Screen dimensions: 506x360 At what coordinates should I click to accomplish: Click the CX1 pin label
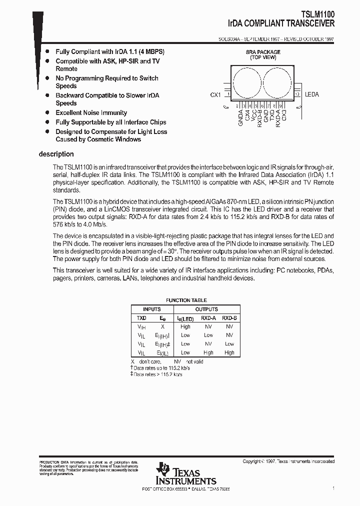click(x=215, y=94)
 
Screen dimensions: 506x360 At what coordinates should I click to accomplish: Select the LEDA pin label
click(x=311, y=94)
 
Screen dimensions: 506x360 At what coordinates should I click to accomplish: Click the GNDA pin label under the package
click(x=240, y=119)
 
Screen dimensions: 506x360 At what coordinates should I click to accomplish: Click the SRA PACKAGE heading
click(x=263, y=52)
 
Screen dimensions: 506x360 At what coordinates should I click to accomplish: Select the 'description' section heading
click(x=56, y=154)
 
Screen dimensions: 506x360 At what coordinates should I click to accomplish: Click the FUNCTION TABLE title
click(x=185, y=300)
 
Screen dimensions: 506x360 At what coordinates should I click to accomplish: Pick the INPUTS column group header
click(x=152, y=309)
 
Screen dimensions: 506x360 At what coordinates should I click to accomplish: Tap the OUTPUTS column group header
click(x=206, y=309)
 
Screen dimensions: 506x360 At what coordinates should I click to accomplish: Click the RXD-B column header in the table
click(x=229, y=318)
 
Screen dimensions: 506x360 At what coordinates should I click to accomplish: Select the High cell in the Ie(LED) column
click(x=185, y=326)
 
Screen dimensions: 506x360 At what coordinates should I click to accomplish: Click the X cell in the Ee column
click(x=162, y=326)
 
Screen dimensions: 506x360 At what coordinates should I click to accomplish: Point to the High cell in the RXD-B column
click(x=229, y=352)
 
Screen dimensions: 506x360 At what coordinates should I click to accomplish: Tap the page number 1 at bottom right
click(x=333, y=487)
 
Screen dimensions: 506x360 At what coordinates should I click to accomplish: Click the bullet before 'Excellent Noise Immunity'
click(x=47, y=113)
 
